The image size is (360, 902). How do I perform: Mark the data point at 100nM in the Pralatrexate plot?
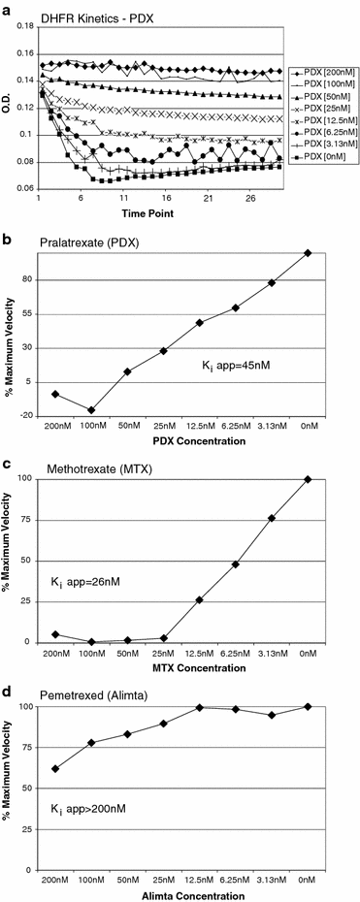(x=91, y=410)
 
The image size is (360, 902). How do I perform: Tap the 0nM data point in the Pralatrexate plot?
(x=308, y=253)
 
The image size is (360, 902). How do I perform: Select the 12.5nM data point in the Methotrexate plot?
(x=200, y=599)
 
